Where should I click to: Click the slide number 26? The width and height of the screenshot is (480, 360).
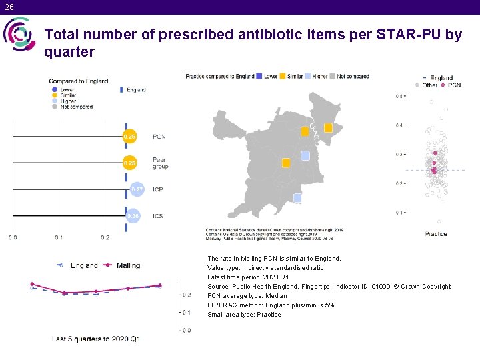[x=7, y=7]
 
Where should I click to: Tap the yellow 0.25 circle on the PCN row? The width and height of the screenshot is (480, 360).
[x=129, y=137]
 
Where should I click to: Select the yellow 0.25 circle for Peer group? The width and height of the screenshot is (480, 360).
[x=129, y=163]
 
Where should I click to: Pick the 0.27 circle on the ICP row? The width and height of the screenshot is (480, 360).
[x=137, y=189]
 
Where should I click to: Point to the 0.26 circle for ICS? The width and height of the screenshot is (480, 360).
[x=133, y=216]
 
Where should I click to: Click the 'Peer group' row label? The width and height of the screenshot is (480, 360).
[x=160, y=163]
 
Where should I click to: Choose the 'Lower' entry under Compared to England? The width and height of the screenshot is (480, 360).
[x=67, y=89]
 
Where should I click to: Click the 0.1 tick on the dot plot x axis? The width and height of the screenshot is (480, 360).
[x=59, y=237]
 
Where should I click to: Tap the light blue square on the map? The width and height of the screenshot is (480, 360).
[x=305, y=155]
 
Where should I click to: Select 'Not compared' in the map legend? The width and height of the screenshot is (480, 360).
[x=353, y=77]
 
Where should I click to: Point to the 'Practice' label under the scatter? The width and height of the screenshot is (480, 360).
[x=436, y=234]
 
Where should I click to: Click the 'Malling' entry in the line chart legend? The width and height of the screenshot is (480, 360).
[x=128, y=265]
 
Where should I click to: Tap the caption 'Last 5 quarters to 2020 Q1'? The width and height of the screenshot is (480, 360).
[x=96, y=339]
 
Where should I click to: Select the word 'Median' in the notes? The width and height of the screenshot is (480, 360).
[x=275, y=296]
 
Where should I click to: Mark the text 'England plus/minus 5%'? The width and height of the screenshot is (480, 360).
[x=299, y=305]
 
